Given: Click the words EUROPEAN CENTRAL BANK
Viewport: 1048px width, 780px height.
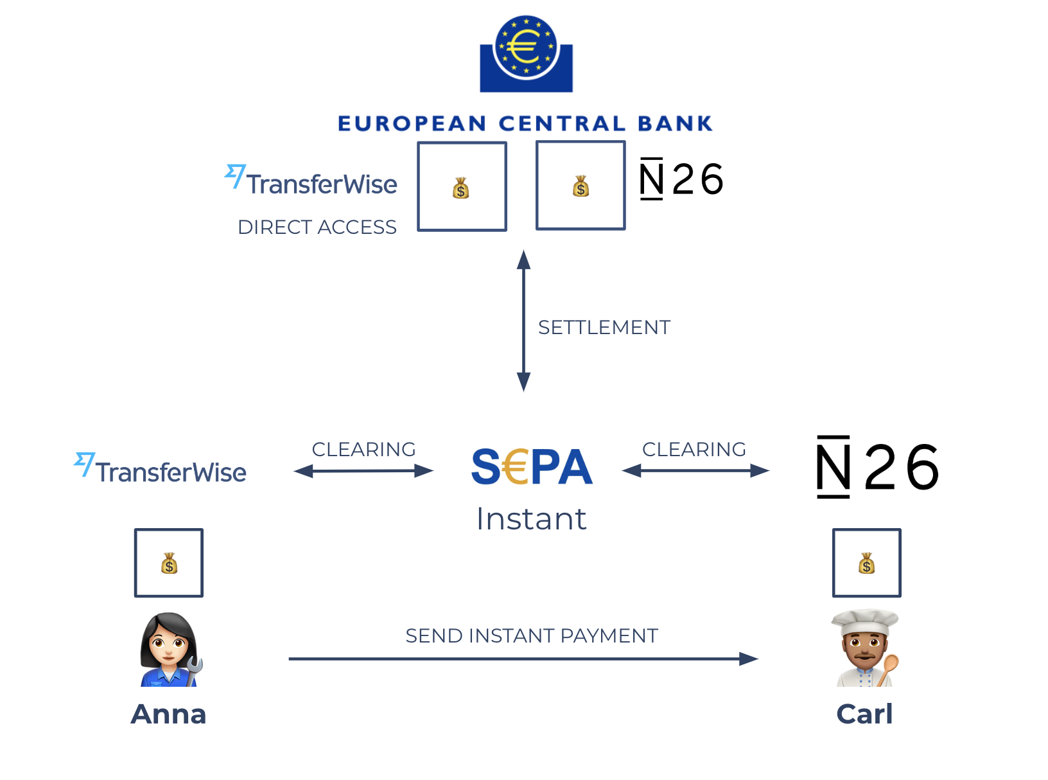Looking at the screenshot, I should point(525,123).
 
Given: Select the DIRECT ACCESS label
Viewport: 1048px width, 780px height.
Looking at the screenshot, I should point(317,227).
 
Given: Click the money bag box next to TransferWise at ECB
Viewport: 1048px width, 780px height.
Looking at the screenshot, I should point(462,186).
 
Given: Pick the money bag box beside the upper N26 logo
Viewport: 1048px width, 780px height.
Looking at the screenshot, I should point(581,185).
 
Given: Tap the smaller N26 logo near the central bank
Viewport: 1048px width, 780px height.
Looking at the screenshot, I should point(681,179).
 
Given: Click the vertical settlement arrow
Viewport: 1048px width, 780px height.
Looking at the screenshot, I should point(524,321).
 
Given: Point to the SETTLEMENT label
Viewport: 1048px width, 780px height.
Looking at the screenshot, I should point(604,328).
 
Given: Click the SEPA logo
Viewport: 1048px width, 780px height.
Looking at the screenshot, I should point(532,467).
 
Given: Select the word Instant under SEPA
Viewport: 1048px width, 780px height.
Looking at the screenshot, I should point(532,519).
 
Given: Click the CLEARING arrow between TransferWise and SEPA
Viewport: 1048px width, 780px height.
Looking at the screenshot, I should point(363,471).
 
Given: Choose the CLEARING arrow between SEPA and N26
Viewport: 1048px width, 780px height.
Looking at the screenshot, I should point(695,471).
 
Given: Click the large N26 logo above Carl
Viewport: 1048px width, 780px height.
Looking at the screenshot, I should point(877,467).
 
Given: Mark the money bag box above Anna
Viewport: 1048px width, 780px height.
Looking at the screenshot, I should point(169,563).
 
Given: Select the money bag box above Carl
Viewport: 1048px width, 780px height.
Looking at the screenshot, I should point(867,563).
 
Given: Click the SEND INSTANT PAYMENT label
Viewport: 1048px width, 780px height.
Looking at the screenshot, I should point(532,636).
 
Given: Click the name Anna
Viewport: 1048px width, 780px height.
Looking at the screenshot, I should point(169,714).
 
